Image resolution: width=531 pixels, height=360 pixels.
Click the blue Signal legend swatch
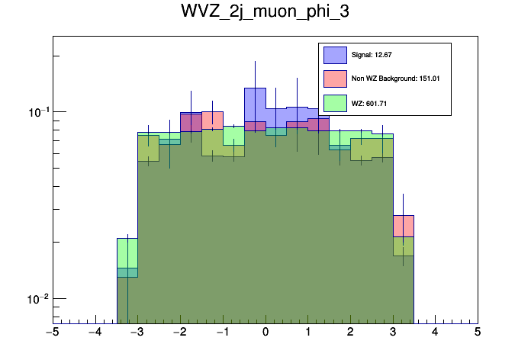click(x=335, y=55)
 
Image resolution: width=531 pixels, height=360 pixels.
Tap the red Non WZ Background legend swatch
click(x=335, y=79)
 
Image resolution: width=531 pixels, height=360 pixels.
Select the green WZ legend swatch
click(x=335, y=102)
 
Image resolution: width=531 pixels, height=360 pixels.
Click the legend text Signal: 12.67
click(x=372, y=55)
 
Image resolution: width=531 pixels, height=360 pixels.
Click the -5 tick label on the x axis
click(x=52, y=332)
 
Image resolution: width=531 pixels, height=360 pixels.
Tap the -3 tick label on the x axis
click(x=137, y=332)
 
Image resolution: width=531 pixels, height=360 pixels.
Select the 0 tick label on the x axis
click(x=265, y=332)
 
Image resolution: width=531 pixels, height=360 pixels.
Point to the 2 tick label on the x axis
click(x=350, y=332)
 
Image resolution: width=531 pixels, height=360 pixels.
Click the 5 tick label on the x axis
click(x=478, y=332)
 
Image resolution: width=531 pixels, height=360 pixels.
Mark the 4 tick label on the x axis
click(x=435, y=332)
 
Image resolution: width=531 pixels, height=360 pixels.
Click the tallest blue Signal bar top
click(x=255, y=88)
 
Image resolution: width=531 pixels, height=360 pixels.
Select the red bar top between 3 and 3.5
click(x=403, y=216)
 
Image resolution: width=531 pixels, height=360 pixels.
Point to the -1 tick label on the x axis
click(x=221, y=332)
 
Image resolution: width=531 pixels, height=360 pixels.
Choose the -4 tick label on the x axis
click(x=94, y=332)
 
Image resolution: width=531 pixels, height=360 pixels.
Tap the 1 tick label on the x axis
click(x=307, y=332)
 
